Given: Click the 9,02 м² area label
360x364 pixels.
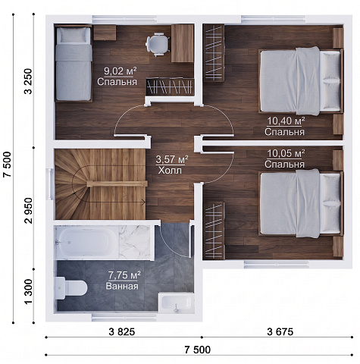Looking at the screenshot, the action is [x=121, y=71].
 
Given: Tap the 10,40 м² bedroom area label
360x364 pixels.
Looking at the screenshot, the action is [x=286, y=121].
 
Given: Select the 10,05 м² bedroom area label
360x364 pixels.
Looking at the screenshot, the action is [x=286, y=153].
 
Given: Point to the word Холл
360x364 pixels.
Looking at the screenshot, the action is [x=170, y=171].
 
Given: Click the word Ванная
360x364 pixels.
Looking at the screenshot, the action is [x=122, y=287].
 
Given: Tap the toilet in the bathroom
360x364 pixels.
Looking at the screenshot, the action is [x=71, y=288].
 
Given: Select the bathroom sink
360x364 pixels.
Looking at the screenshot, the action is [x=177, y=303].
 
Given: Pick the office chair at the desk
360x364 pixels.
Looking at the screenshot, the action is [x=158, y=43].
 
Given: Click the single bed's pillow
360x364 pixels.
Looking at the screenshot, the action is [x=73, y=35].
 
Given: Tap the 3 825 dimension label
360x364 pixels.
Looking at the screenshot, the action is [x=122, y=331].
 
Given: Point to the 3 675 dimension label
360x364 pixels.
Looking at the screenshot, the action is [x=280, y=331].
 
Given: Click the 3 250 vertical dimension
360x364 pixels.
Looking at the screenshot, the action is [x=29, y=81].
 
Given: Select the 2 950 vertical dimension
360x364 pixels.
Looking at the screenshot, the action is [x=29, y=211].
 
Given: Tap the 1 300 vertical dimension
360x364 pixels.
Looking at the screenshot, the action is [x=29, y=292].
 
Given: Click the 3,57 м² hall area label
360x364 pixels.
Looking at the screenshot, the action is [x=172, y=160].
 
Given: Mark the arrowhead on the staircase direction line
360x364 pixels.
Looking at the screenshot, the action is [x=144, y=202].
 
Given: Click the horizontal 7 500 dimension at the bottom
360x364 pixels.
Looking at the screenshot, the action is [x=197, y=350].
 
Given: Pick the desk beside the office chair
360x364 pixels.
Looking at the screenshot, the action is [x=183, y=43].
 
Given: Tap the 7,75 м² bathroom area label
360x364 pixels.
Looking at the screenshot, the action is [x=124, y=275].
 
